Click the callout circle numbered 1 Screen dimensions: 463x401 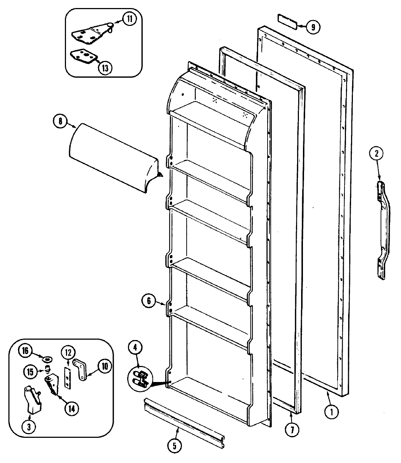331,412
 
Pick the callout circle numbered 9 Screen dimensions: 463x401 313,27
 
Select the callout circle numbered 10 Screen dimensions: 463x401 105,367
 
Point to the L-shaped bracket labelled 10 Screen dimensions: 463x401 81,369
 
